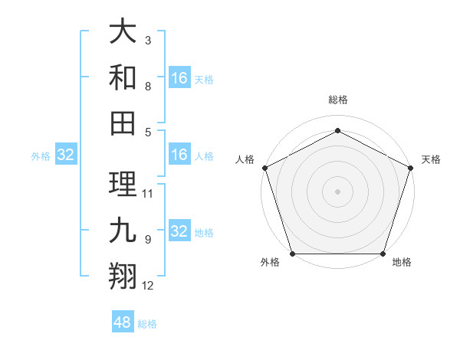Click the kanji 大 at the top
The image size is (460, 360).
[123, 32]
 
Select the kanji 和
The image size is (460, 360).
[123, 78]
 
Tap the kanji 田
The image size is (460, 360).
[123, 123]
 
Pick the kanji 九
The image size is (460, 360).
[123, 230]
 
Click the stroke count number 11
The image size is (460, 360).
[149, 194]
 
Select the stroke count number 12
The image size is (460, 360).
[149, 286]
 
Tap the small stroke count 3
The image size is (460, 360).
[148, 40]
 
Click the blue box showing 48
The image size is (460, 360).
[123, 322]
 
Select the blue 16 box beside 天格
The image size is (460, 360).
[179, 78]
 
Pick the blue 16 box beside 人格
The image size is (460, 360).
[179, 155]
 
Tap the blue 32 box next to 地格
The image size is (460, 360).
[179, 232]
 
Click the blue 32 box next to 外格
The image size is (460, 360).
[65, 155]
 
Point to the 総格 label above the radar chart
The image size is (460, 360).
[337, 100]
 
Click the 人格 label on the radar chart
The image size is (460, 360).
[245, 159]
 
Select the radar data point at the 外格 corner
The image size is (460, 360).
[292, 254]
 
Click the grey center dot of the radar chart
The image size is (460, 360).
[337, 191]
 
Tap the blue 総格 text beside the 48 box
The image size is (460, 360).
[147, 324]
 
